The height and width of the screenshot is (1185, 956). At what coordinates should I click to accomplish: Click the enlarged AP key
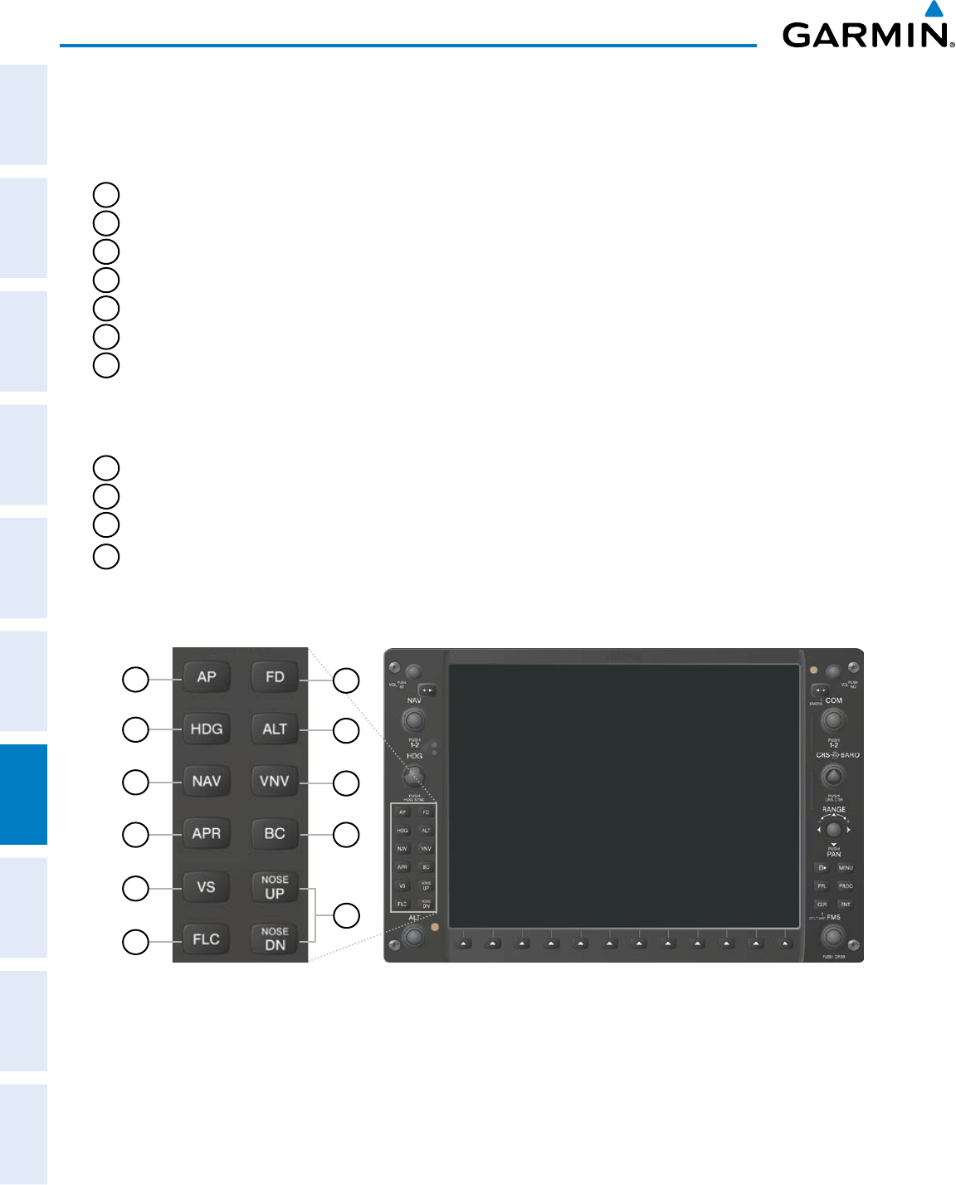pos(207,677)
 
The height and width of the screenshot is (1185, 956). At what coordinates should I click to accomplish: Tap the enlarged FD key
pos(275,677)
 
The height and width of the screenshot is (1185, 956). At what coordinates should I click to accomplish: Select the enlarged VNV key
pos(275,782)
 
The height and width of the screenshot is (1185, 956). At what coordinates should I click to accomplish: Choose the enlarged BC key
pos(275,834)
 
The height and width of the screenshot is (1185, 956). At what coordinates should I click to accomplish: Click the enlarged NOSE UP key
pos(275,887)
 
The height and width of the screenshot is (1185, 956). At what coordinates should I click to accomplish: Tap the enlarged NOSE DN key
pos(275,939)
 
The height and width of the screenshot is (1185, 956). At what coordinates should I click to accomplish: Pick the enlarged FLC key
pos(207,939)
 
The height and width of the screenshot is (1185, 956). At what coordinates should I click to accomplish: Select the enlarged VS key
pos(207,887)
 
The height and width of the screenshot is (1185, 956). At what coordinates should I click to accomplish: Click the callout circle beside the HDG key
pos(135,730)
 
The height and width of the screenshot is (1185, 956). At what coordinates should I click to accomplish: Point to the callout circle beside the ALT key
pos(346,730)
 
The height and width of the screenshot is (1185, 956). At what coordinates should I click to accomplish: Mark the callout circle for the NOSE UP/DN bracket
pos(346,915)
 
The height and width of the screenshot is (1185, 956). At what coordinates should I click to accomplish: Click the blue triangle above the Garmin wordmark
pos(934,9)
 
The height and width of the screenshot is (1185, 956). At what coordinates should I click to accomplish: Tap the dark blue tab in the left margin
pos(23,794)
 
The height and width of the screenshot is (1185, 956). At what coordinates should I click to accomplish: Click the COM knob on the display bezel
pos(832,720)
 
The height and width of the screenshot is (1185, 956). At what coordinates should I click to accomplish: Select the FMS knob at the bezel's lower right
pos(832,937)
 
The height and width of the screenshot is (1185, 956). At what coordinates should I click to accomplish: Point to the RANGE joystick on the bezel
pos(833,829)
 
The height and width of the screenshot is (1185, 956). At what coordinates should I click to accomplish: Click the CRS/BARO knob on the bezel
pos(832,776)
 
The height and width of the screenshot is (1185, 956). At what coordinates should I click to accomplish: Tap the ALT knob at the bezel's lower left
pos(412,937)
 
